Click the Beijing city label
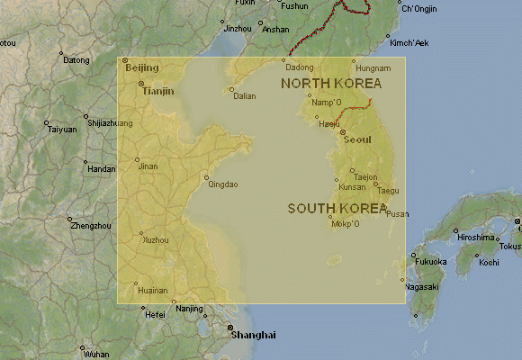(x=141, y=68)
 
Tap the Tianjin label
(x=158, y=91)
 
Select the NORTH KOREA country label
(x=330, y=84)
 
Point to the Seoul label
(x=357, y=139)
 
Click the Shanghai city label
(x=254, y=335)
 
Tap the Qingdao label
(x=223, y=184)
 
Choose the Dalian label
(x=244, y=96)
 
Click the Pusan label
(x=397, y=214)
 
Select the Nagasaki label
(x=421, y=286)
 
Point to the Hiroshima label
(x=477, y=238)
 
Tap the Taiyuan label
(x=62, y=130)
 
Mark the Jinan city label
(x=148, y=166)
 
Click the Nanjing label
(x=189, y=309)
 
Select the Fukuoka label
(x=430, y=262)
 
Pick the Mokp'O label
(x=346, y=224)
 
